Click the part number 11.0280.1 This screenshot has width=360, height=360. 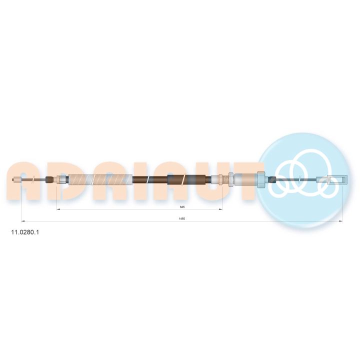[25, 232]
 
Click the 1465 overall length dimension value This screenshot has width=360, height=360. [182, 218]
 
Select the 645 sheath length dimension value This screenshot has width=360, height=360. [182, 207]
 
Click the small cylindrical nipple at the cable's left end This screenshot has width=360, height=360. [17, 179]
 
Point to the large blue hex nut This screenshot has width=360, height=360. [261, 180]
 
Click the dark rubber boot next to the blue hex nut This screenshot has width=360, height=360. [272, 179]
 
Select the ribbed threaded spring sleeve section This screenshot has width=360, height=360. [100, 179]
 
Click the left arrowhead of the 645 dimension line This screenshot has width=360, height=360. [58, 209]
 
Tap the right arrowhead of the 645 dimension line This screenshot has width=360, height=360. [220, 209]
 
